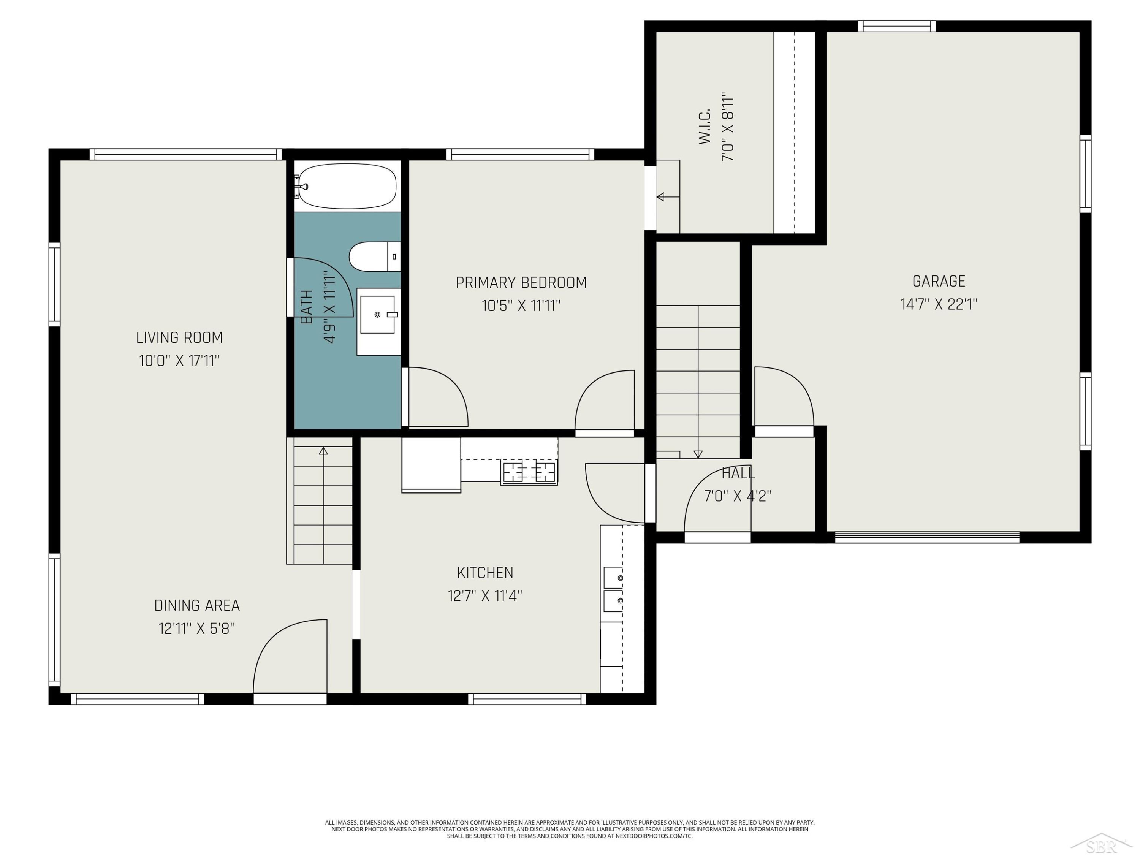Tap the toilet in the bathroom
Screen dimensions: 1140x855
375,256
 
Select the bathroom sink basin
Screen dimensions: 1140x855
377,314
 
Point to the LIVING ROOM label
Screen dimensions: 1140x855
179,337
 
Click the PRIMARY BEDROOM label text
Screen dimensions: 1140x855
521,282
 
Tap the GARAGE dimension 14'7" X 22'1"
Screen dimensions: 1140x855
939,304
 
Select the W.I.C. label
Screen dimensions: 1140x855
705,126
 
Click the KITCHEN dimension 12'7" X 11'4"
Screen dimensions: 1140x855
485,596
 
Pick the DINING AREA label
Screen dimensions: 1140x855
197,605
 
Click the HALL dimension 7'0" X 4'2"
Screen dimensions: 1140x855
738,496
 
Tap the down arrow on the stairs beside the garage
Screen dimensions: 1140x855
698,382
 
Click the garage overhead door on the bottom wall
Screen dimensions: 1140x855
927,537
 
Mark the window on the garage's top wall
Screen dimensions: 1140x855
897,26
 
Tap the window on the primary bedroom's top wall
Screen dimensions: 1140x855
520,154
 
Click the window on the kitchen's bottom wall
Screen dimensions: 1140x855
527,699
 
